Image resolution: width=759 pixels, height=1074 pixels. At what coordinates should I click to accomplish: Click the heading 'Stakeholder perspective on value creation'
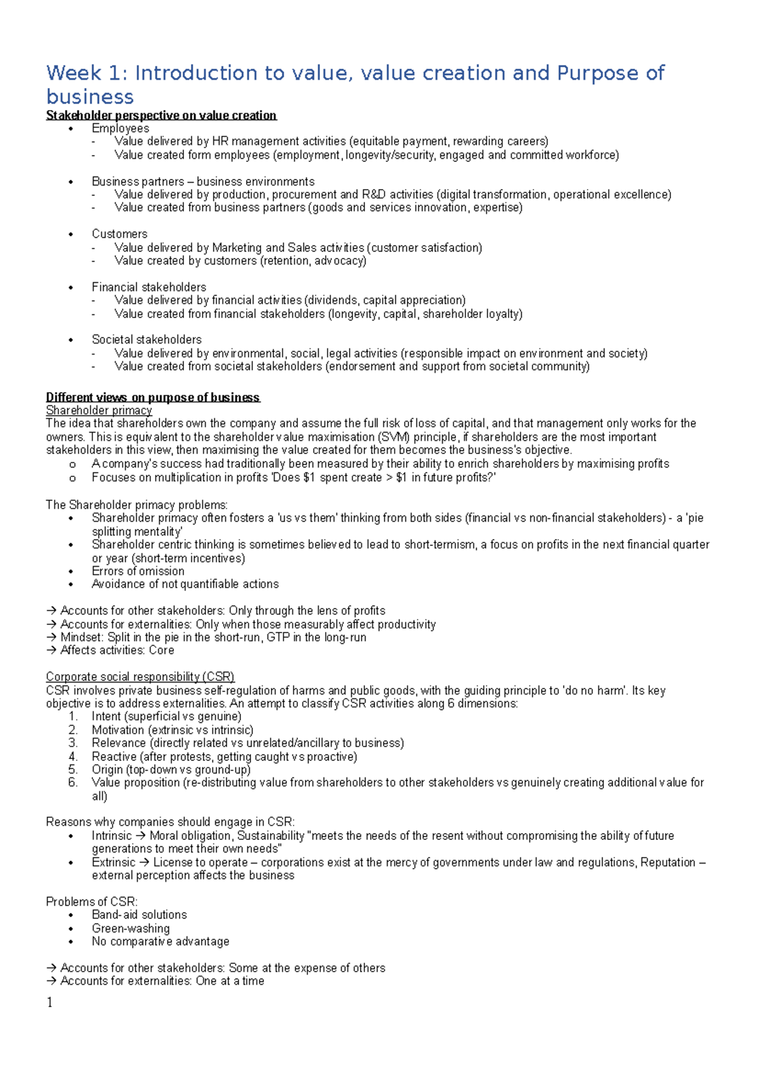click(x=161, y=115)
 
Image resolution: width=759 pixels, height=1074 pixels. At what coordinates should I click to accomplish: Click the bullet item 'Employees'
click(x=120, y=128)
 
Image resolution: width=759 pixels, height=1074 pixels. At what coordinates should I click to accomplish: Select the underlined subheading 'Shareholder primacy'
click(x=99, y=410)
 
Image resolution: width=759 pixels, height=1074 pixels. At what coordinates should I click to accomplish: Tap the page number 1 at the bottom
click(x=50, y=1003)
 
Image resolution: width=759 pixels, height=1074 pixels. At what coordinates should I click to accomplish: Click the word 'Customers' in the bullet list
click(x=120, y=234)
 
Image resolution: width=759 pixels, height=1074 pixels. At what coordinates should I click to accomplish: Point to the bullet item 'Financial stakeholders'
click(x=149, y=287)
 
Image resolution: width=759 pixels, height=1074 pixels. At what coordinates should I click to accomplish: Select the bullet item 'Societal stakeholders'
click(x=147, y=340)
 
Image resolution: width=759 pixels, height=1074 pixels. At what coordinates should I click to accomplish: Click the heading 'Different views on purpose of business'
click(x=152, y=397)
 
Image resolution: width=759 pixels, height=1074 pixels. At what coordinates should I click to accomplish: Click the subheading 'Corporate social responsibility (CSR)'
click(x=140, y=677)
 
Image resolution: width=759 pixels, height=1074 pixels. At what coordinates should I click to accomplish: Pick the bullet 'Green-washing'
click(x=130, y=928)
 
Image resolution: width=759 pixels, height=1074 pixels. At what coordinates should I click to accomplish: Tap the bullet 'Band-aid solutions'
click(x=139, y=915)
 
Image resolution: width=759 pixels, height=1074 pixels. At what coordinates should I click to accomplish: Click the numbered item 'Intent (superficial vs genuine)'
click(x=166, y=717)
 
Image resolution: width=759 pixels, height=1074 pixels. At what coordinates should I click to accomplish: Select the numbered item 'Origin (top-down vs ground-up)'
click(x=171, y=770)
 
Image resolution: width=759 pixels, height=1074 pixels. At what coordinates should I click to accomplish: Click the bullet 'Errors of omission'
click(x=138, y=571)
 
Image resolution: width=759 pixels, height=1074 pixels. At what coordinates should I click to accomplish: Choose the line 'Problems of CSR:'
click(x=92, y=901)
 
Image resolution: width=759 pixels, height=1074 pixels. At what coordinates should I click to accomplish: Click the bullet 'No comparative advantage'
click(x=160, y=941)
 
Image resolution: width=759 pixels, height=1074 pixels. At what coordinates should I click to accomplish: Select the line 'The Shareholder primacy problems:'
click(x=137, y=505)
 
